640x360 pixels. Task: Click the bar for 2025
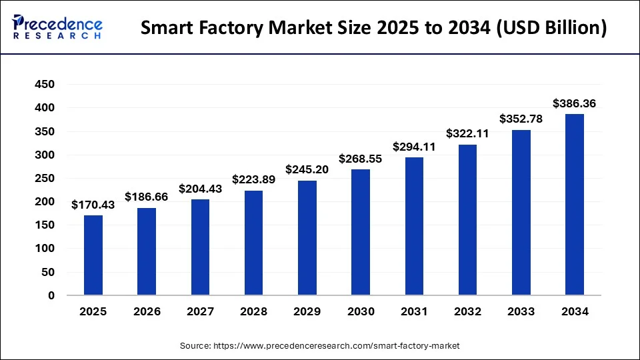point(93,255)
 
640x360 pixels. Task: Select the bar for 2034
point(574,204)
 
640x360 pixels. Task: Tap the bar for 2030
point(361,232)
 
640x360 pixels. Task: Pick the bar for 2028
point(253,243)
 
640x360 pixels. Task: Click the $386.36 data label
point(574,103)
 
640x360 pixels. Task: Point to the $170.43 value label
point(93,205)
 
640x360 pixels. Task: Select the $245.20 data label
point(307,169)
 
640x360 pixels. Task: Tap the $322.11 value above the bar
point(467,133)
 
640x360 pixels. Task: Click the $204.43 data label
point(200,189)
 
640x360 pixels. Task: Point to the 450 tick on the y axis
point(45,85)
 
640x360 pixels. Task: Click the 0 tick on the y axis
point(51,295)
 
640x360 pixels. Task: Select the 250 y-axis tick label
point(45,179)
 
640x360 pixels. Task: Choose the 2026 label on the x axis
point(147,311)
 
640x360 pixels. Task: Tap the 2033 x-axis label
point(521,311)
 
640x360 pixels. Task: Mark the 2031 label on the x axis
point(414,311)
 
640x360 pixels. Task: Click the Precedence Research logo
point(57,27)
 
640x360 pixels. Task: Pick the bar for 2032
point(467,219)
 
